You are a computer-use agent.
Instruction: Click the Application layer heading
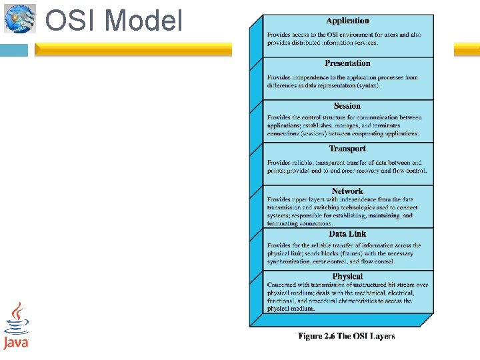tap(347, 21)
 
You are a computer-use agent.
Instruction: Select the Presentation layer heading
tap(347, 63)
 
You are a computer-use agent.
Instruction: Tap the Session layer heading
tap(347, 106)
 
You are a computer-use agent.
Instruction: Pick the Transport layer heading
tap(347, 149)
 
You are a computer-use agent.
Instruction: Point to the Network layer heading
tap(347, 191)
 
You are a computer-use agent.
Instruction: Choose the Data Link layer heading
tap(347, 234)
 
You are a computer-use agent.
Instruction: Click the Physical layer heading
tap(347, 276)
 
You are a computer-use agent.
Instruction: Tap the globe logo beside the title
tap(19, 19)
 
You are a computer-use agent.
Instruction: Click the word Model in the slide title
tap(143, 21)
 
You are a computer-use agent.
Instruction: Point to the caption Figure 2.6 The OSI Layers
tap(346, 336)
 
